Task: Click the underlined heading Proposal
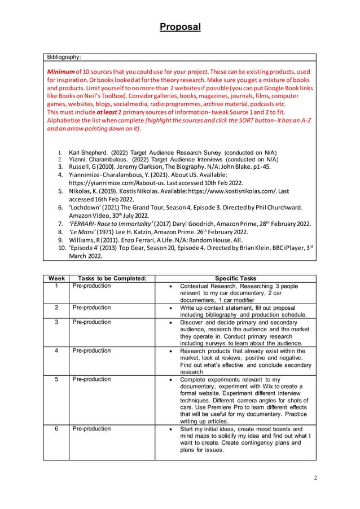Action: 179,27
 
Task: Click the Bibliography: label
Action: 64,56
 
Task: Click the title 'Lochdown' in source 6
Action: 86,207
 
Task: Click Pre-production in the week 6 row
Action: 92,428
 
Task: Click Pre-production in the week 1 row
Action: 92,286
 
